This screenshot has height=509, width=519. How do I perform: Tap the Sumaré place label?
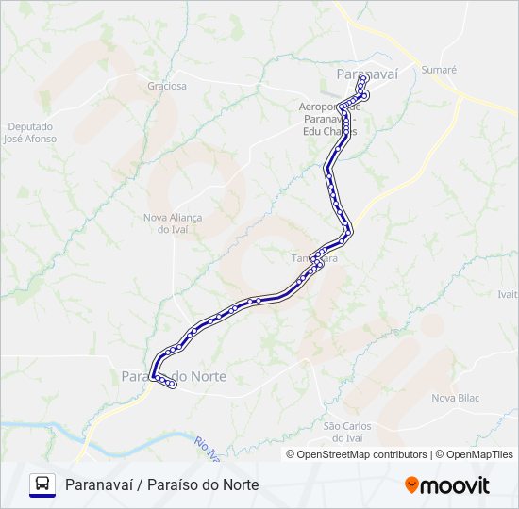[439, 70]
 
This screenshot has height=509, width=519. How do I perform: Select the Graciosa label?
[167, 86]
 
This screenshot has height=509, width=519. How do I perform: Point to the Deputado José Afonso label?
[29, 133]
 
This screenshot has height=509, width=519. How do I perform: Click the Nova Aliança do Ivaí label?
[173, 223]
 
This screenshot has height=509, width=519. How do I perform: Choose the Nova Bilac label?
[456, 398]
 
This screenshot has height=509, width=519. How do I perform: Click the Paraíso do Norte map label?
[175, 376]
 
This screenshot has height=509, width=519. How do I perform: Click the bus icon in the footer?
[42, 484]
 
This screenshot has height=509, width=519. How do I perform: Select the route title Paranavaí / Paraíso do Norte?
[162, 484]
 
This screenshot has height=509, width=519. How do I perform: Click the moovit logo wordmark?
[455, 485]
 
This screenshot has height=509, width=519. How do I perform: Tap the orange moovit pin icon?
[411, 484]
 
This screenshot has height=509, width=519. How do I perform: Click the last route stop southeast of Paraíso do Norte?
[173, 385]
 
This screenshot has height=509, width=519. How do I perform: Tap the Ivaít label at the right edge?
[509, 294]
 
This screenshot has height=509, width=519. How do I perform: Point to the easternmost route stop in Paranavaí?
[365, 96]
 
